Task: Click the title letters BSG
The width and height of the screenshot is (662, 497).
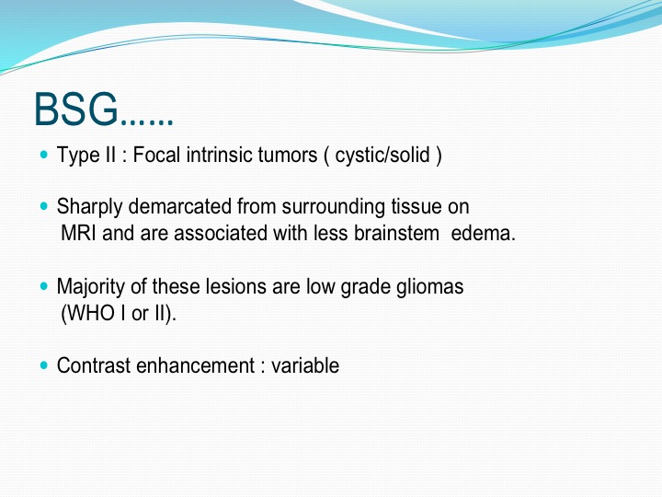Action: pos(76,110)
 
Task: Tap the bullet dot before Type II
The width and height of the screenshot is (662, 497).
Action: pos(44,155)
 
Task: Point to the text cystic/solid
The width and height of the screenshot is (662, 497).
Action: pos(382,156)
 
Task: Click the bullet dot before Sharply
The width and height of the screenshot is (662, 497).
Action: pos(44,206)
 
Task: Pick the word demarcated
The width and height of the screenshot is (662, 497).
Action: pos(180,206)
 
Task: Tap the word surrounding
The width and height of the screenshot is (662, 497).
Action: pos(334,207)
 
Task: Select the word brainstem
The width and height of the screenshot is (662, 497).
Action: pos(396,233)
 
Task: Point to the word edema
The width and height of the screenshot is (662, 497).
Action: pos(484,233)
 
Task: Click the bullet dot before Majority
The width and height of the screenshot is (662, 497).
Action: pos(44,286)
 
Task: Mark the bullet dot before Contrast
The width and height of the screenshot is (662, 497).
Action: pos(44,365)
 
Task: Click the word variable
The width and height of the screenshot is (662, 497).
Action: pos(305,365)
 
